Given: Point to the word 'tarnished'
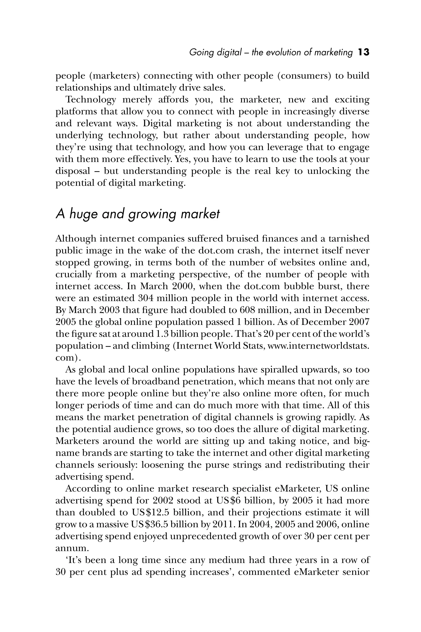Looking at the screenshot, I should [x=349, y=239].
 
